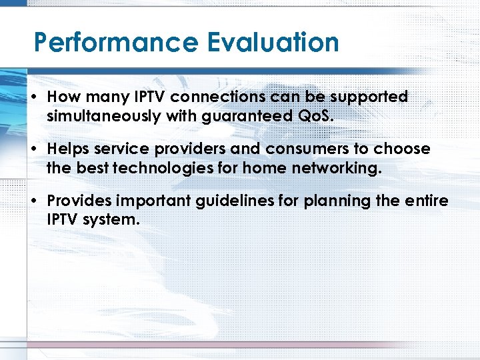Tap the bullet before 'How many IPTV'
33,97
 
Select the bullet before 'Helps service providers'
33,149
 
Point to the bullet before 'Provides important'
33,201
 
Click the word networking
337,169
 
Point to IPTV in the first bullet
151,97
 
